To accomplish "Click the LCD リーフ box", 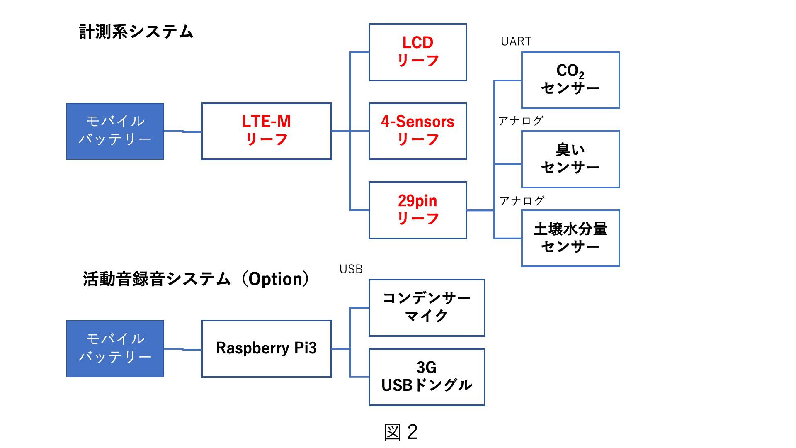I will [x=417, y=52].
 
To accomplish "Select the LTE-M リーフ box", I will [x=266, y=131].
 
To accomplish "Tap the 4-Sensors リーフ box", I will [x=417, y=131].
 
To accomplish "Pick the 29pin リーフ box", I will [x=417, y=210].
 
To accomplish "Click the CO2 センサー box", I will [x=570, y=80].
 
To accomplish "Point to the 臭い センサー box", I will [x=570, y=159].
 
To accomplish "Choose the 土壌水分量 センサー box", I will [x=570, y=238].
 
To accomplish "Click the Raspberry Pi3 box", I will [x=266, y=348].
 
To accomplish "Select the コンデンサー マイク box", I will [x=427, y=307].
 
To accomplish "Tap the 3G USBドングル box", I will [x=427, y=377].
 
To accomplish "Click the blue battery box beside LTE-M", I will [x=115, y=131].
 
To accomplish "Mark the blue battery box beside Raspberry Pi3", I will [x=115, y=348].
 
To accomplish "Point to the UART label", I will [x=516, y=41].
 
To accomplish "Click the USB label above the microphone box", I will [x=351, y=269].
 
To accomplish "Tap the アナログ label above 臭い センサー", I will [x=521, y=121].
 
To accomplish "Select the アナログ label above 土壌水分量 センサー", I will [x=522, y=201].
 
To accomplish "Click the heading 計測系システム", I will [x=136, y=32].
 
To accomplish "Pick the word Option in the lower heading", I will [x=275, y=279].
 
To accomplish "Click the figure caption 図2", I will [x=400, y=432].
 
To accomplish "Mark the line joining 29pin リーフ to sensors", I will [x=480, y=210].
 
